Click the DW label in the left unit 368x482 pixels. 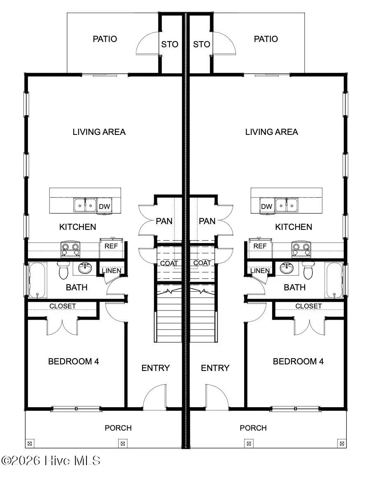tap(105, 206)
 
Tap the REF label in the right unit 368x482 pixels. tap(260, 246)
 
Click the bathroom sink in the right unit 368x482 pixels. tap(286, 269)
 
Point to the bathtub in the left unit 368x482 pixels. tap(37, 280)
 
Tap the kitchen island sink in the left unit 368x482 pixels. tap(85, 204)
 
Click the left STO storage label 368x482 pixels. tap(170, 44)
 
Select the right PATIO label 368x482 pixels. tap(266, 39)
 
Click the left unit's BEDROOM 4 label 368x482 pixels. tap(73, 361)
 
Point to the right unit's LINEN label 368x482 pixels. tap(260, 271)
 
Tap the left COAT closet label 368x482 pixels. tap(169, 263)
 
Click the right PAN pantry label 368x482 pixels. tap(207, 221)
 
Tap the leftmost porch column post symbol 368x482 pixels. tap(29, 443)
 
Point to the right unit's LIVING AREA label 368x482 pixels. tap(271, 132)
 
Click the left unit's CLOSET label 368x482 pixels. tap(63, 306)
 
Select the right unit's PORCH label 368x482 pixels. tap(253, 428)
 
